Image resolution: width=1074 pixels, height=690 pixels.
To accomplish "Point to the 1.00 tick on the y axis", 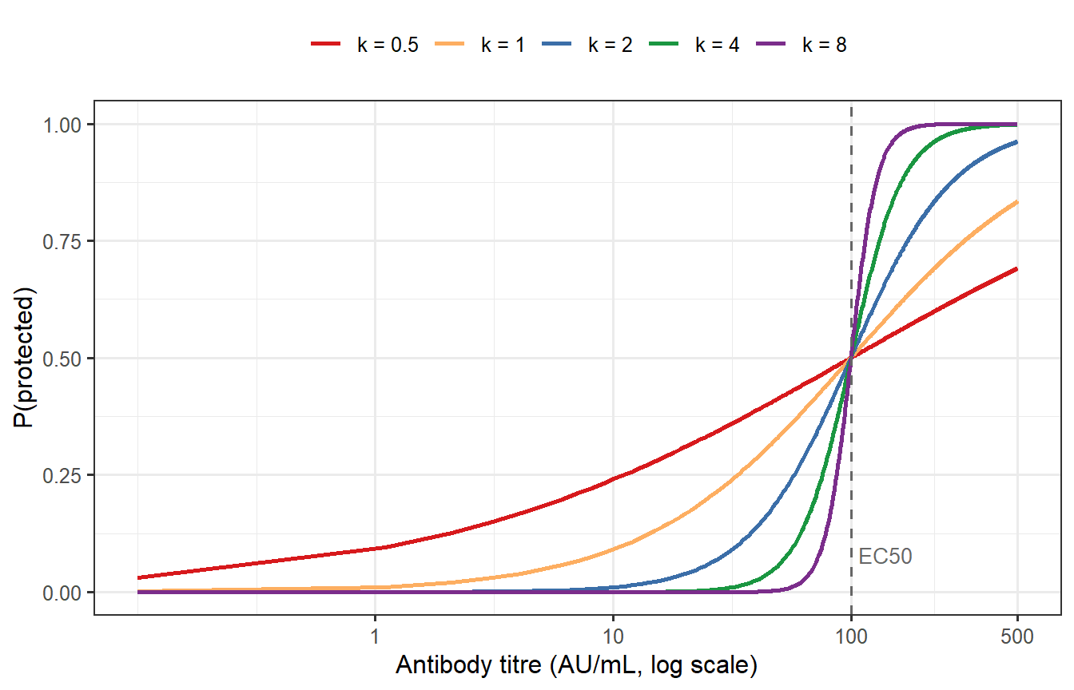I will [x=67, y=125].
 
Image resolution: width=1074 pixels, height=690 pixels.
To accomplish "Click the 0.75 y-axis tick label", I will [x=67, y=241].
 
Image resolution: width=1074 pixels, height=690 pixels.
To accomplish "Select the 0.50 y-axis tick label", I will [x=67, y=359].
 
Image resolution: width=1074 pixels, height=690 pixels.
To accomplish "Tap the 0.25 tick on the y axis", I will [x=67, y=475].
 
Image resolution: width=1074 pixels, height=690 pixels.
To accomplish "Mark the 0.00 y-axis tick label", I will [x=67, y=593].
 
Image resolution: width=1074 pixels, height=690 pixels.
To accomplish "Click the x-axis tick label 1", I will [x=375, y=637].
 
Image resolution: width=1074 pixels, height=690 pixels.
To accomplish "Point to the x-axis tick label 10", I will [x=613, y=637].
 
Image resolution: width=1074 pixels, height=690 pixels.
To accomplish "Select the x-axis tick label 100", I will [x=851, y=637].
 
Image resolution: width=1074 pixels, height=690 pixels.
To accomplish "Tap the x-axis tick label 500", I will [x=1017, y=637].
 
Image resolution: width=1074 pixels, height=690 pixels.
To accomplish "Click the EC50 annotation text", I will [x=885, y=557].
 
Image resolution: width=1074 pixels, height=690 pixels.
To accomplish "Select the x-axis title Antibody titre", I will [x=576, y=665].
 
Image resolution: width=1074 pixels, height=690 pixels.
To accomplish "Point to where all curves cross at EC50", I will [x=851, y=359].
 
